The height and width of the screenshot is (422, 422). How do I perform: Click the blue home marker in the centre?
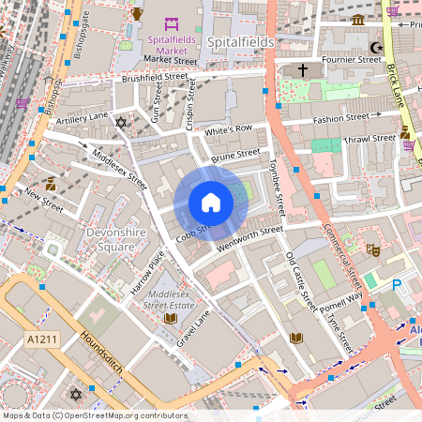tap(211, 202)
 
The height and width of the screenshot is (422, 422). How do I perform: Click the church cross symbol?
tap(303, 70)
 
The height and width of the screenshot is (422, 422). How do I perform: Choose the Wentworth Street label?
tap(249, 234)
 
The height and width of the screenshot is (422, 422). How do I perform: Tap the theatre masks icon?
tap(372, 250)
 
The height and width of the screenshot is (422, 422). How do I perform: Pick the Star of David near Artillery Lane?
tap(119, 123)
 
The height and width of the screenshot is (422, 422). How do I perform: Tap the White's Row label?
tap(229, 128)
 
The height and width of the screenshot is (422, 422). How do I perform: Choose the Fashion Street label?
tap(341, 120)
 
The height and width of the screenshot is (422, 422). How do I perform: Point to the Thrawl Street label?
tap(369, 138)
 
